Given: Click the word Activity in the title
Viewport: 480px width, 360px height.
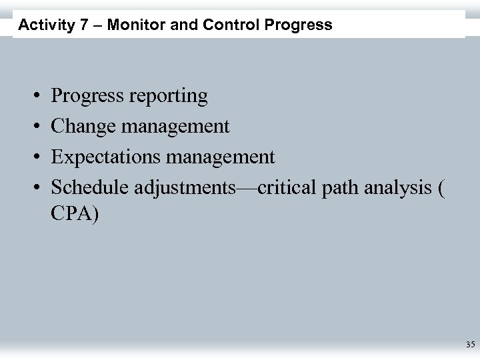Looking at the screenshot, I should tap(43, 25).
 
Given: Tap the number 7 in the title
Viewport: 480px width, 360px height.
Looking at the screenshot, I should tap(78, 25).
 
